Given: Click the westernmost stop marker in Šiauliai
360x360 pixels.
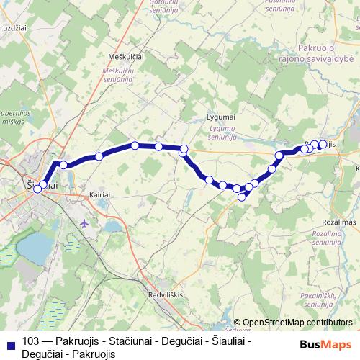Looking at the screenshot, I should coord(37,190).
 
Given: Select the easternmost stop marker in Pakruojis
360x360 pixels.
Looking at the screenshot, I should coord(323,143).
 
